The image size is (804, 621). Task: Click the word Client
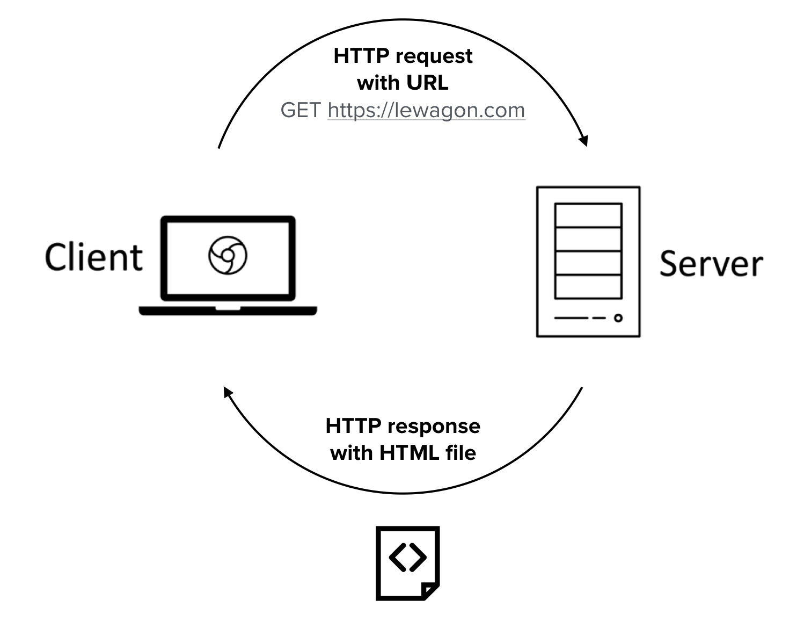coord(94,257)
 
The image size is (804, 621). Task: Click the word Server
coord(711,264)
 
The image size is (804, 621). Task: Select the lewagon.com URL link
coord(426,110)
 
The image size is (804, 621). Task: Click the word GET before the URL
coord(301,110)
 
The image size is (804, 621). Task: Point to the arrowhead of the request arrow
coord(584,140)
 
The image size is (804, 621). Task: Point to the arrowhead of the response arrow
coord(228,392)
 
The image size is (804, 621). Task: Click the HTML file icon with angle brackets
coord(408,562)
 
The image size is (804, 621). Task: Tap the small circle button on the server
coord(618,318)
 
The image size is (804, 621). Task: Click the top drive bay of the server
coord(588,215)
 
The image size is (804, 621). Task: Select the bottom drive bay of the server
coord(588,286)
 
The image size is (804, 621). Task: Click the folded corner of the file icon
coord(430,590)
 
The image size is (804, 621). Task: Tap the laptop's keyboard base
coord(228,310)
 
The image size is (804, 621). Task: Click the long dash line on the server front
coord(572,318)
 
